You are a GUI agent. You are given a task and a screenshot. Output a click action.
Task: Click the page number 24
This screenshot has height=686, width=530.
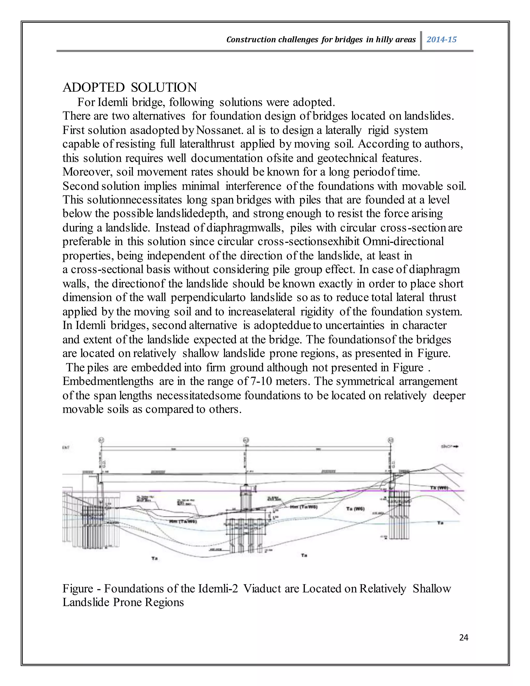[463, 637]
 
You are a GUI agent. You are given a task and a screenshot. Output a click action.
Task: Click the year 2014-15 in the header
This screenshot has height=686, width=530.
[441, 40]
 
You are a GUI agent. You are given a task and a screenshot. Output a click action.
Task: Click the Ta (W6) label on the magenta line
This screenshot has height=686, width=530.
[439, 488]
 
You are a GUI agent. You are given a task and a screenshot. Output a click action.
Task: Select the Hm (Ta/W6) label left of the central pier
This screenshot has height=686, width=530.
[183, 521]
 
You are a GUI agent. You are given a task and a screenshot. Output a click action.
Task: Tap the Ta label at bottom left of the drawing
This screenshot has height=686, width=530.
[154, 558]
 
